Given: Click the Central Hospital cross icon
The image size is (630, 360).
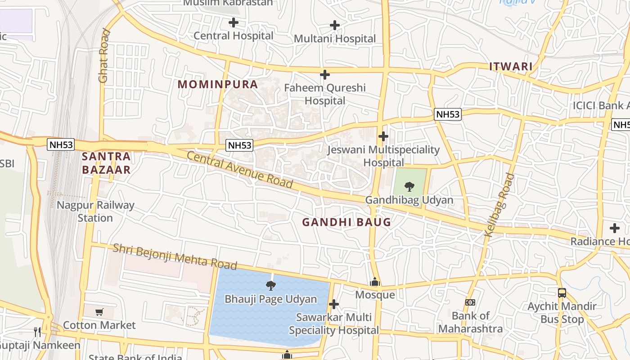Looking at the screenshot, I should [233, 22].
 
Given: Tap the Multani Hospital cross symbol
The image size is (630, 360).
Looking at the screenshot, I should [335, 25].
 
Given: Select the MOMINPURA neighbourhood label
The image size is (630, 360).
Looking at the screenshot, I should [218, 84].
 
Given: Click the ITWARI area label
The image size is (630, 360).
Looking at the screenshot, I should [511, 67].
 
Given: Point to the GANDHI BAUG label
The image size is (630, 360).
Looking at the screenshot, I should [346, 222].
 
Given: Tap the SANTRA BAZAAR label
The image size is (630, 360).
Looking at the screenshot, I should [106, 163].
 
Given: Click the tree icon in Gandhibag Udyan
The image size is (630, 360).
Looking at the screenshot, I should [409, 186].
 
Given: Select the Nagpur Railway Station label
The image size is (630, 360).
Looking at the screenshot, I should [95, 211].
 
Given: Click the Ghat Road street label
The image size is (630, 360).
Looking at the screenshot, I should [104, 55].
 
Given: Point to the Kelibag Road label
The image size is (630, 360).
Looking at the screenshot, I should [499, 205].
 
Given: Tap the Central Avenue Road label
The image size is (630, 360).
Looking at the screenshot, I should [239, 170].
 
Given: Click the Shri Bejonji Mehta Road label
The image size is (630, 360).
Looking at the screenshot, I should [175, 256].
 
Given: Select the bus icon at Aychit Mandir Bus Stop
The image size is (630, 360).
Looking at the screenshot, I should [562, 293].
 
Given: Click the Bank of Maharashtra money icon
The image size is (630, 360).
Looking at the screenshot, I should [470, 302].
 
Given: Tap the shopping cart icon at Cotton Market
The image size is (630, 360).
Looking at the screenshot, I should [99, 312].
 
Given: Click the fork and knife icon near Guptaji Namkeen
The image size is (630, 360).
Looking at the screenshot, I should [38, 332].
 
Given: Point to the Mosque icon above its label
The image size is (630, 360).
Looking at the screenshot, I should [375, 282].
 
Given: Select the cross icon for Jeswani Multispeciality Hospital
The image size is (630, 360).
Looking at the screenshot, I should [383, 136].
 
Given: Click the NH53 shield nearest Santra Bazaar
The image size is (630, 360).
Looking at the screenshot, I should [61, 144].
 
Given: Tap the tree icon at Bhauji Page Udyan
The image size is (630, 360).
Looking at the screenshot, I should [270, 285].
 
